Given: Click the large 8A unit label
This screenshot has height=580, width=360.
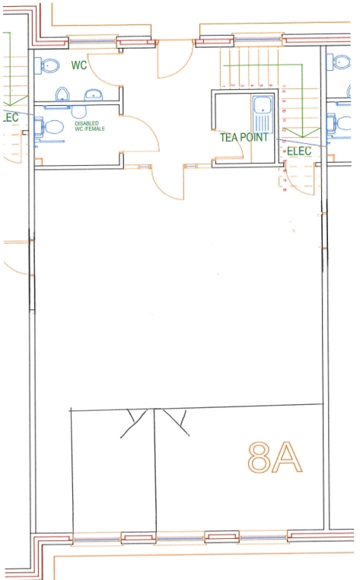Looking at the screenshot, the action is click(x=275, y=457).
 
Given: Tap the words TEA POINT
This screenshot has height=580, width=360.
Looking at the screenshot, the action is click(x=244, y=137).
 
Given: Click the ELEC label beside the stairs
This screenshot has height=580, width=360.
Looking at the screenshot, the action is click(x=299, y=151).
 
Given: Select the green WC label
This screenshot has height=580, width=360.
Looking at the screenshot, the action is click(x=79, y=65).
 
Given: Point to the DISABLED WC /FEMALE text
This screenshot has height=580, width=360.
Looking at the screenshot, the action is click(x=90, y=126).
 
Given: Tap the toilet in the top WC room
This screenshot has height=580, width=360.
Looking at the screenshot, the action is click(x=47, y=66).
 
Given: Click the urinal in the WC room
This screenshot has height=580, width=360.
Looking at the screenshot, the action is click(x=62, y=94).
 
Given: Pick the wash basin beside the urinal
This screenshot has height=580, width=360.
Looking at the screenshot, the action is click(x=94, y=95).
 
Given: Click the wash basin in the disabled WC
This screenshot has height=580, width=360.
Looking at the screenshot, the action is click(x=79, y=111).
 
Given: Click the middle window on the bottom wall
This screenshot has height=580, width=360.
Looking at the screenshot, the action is click(x=180, y=538).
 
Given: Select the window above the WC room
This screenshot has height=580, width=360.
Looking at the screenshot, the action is click(x=92, y=41).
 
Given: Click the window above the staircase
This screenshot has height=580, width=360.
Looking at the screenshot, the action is click(x=258, y=40).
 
